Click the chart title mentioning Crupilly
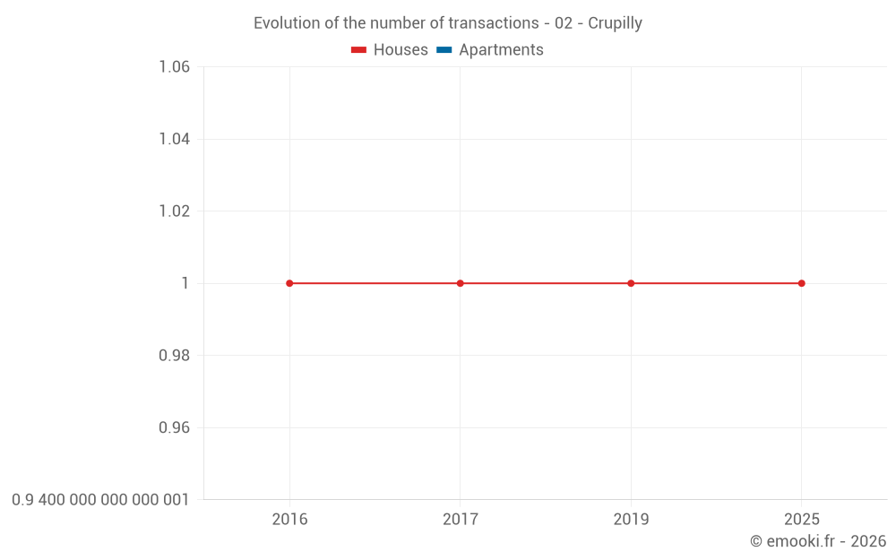pos(447,23)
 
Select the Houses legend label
pos(401,50)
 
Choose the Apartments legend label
pos(501,50)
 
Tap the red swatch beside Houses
pos(359,50)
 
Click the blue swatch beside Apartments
pos(444,50)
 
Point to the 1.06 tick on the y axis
pos(174,67)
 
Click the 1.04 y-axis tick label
pos(174,139)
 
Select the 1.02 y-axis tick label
pos(174,211)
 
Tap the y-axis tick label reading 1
pos(185,283)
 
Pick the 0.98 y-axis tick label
pos(174,356)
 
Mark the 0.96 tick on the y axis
pos(174,427)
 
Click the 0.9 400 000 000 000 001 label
pos(100,500)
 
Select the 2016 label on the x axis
pos(289,520)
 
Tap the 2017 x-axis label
pos(461,520)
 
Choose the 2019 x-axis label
pos(631,520)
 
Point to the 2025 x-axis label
pos(801,520)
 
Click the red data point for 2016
pos(289,283)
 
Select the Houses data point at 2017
pos(461,283)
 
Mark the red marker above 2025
pos(801,283)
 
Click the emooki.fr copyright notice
pos(818,541)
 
